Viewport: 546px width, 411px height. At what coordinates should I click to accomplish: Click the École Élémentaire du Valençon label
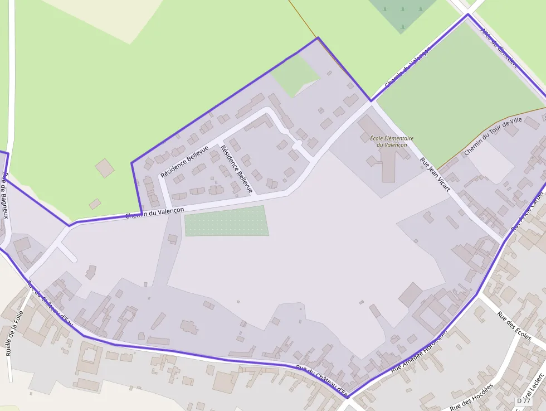coord(392,142)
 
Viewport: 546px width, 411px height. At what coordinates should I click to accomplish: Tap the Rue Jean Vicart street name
coord(435,175)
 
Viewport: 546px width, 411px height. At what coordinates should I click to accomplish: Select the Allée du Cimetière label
coord(499,48)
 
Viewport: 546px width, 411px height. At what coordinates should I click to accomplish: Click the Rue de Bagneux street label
coord(6,190)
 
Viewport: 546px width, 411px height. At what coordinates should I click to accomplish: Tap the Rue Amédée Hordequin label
coord(419,350)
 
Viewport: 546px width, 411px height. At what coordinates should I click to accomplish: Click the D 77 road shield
coord(523,401)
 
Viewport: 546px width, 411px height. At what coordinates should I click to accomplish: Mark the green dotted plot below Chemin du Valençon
coord(226,221)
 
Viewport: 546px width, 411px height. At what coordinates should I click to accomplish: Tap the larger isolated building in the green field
coord(104,168)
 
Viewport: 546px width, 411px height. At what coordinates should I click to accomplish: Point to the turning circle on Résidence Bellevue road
coord(297,144)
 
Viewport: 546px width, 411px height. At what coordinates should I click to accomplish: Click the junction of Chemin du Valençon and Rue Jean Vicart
coord(371,101)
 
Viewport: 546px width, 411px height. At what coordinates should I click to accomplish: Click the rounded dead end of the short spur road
coord(73,259)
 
